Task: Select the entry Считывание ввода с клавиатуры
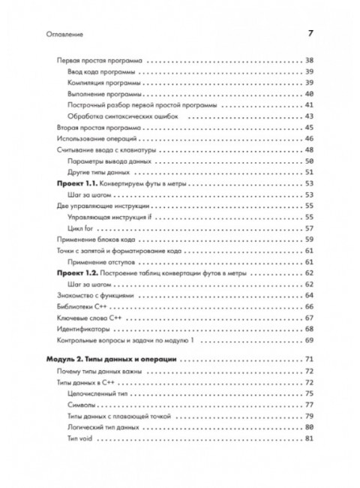[x=108, y=150]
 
